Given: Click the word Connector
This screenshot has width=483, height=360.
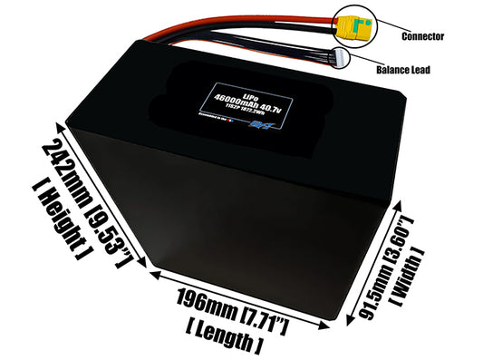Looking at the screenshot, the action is [x=420, y=36].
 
